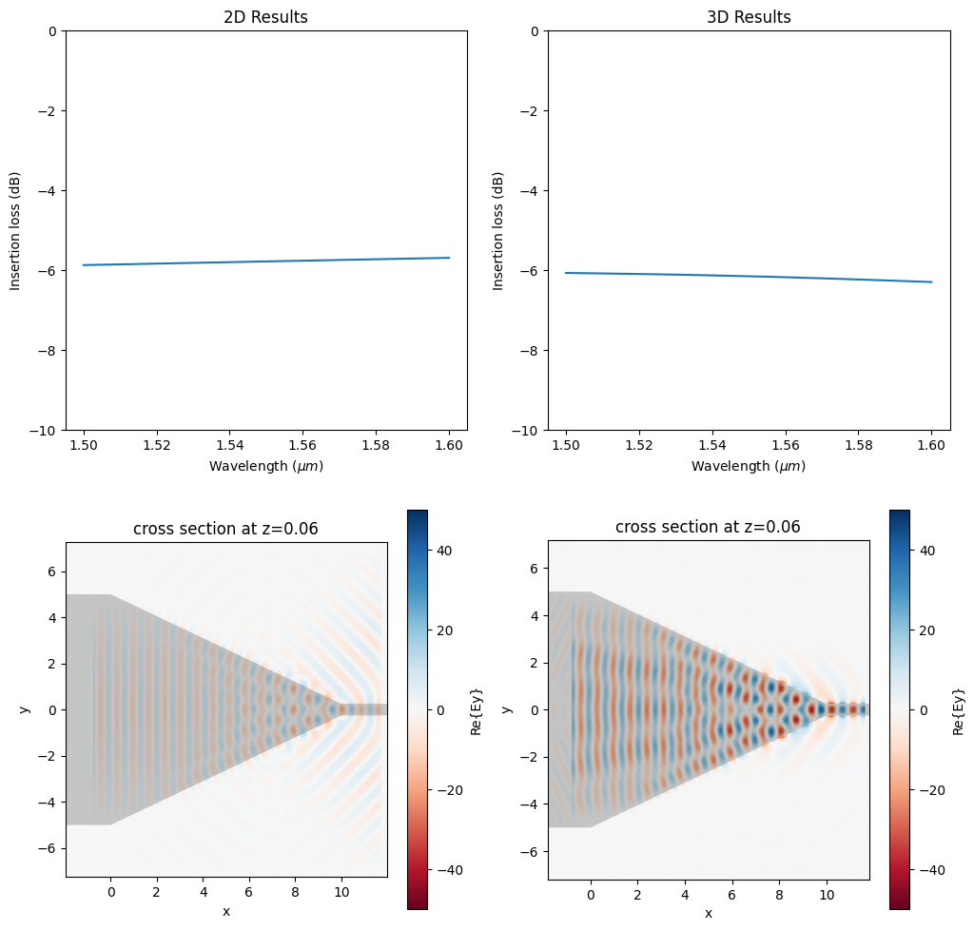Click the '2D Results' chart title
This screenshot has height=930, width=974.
click(266, 17)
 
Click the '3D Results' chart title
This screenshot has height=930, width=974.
click(749, 17)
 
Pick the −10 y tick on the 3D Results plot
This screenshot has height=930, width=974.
click(524, 431)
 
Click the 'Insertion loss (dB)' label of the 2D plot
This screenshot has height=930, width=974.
click(14, 231)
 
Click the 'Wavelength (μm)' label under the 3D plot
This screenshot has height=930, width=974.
click(749, 466)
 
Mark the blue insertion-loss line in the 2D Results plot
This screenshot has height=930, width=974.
click(266, 262)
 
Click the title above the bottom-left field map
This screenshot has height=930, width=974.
click(226, 529)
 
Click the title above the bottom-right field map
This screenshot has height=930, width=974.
click(708, 527)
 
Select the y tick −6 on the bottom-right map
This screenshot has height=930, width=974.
click(531, 847)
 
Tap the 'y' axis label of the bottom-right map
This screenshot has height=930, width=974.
click(508, 708)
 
